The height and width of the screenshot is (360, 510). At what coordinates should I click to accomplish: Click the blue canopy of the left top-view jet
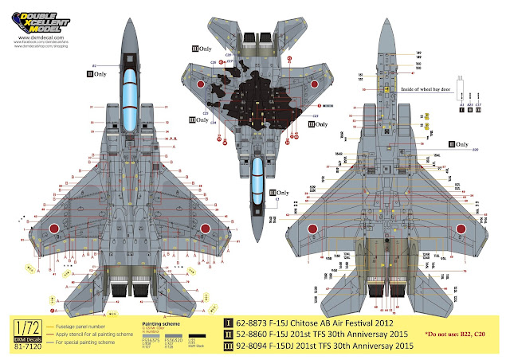click(128, 96)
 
